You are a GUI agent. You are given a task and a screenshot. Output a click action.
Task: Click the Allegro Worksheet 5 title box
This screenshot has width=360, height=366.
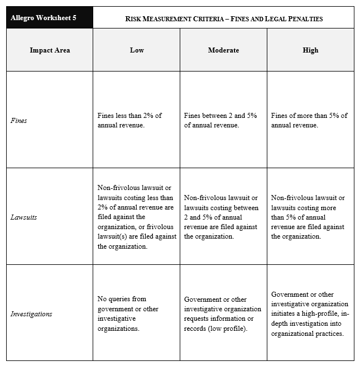point(50,17)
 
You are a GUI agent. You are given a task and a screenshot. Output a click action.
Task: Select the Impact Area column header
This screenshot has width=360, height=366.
point(50,50)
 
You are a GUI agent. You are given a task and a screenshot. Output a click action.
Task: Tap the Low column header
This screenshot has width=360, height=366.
point(137,50)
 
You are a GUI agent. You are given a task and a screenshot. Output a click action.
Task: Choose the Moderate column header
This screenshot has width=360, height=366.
point(223,50)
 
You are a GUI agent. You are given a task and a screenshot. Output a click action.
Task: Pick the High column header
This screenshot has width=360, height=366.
point(310,50)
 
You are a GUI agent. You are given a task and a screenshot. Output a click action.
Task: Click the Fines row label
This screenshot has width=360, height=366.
point(19,120)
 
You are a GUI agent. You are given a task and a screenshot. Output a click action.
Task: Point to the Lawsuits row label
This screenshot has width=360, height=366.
point(24,217)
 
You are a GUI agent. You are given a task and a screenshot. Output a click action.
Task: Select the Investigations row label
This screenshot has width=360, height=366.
point(31,314)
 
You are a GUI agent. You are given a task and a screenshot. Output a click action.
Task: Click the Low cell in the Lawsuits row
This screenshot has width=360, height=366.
point(136,217)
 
